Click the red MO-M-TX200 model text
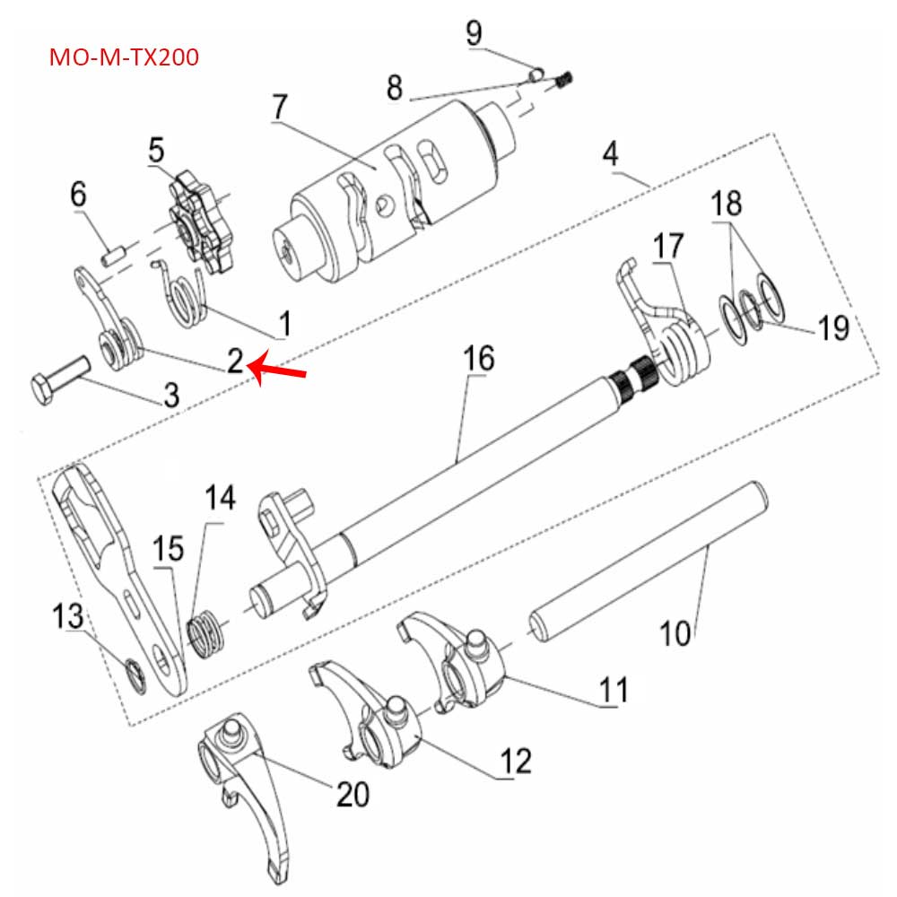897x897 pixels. [x=124, y=58]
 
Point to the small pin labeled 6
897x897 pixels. [x=111, y=256]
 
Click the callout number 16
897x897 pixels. [x=478, y=359]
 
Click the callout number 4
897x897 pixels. [x=610, y=153]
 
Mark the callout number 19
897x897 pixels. [x=833, y=328]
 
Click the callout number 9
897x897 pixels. [x=474, y=33]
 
